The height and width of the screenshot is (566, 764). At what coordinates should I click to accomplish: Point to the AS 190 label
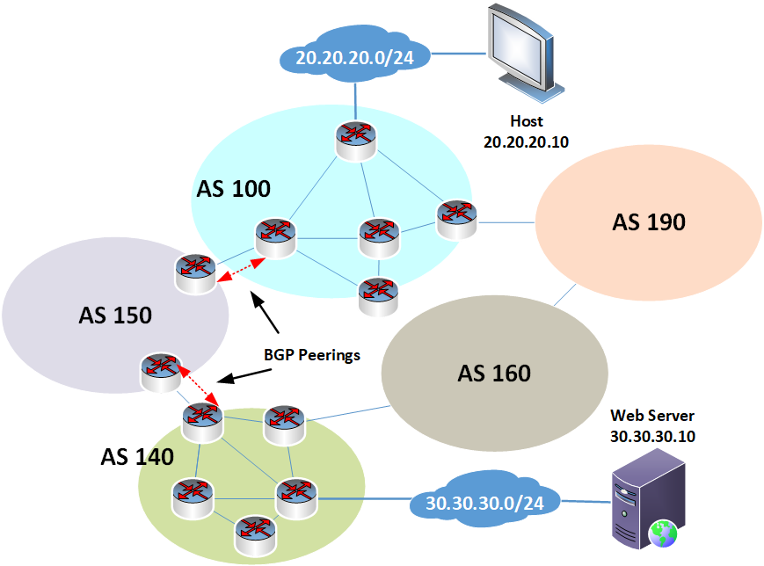tap(649, 222)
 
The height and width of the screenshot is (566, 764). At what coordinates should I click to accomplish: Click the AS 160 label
tap(494, 374)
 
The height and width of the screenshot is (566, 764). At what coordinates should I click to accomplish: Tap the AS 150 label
tap(115, 315)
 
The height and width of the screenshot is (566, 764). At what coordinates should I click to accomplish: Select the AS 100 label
tap(233, 188)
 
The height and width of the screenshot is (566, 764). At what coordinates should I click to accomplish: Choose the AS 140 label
tap(136, 456)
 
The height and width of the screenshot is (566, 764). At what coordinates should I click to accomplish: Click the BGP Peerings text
tap(312, 354)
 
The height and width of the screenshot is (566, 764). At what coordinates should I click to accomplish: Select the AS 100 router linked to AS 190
tap(457, 217)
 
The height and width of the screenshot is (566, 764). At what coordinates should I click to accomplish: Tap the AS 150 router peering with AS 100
tap(193, 272)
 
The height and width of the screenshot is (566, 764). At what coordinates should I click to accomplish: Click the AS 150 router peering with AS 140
tap(162, 371)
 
